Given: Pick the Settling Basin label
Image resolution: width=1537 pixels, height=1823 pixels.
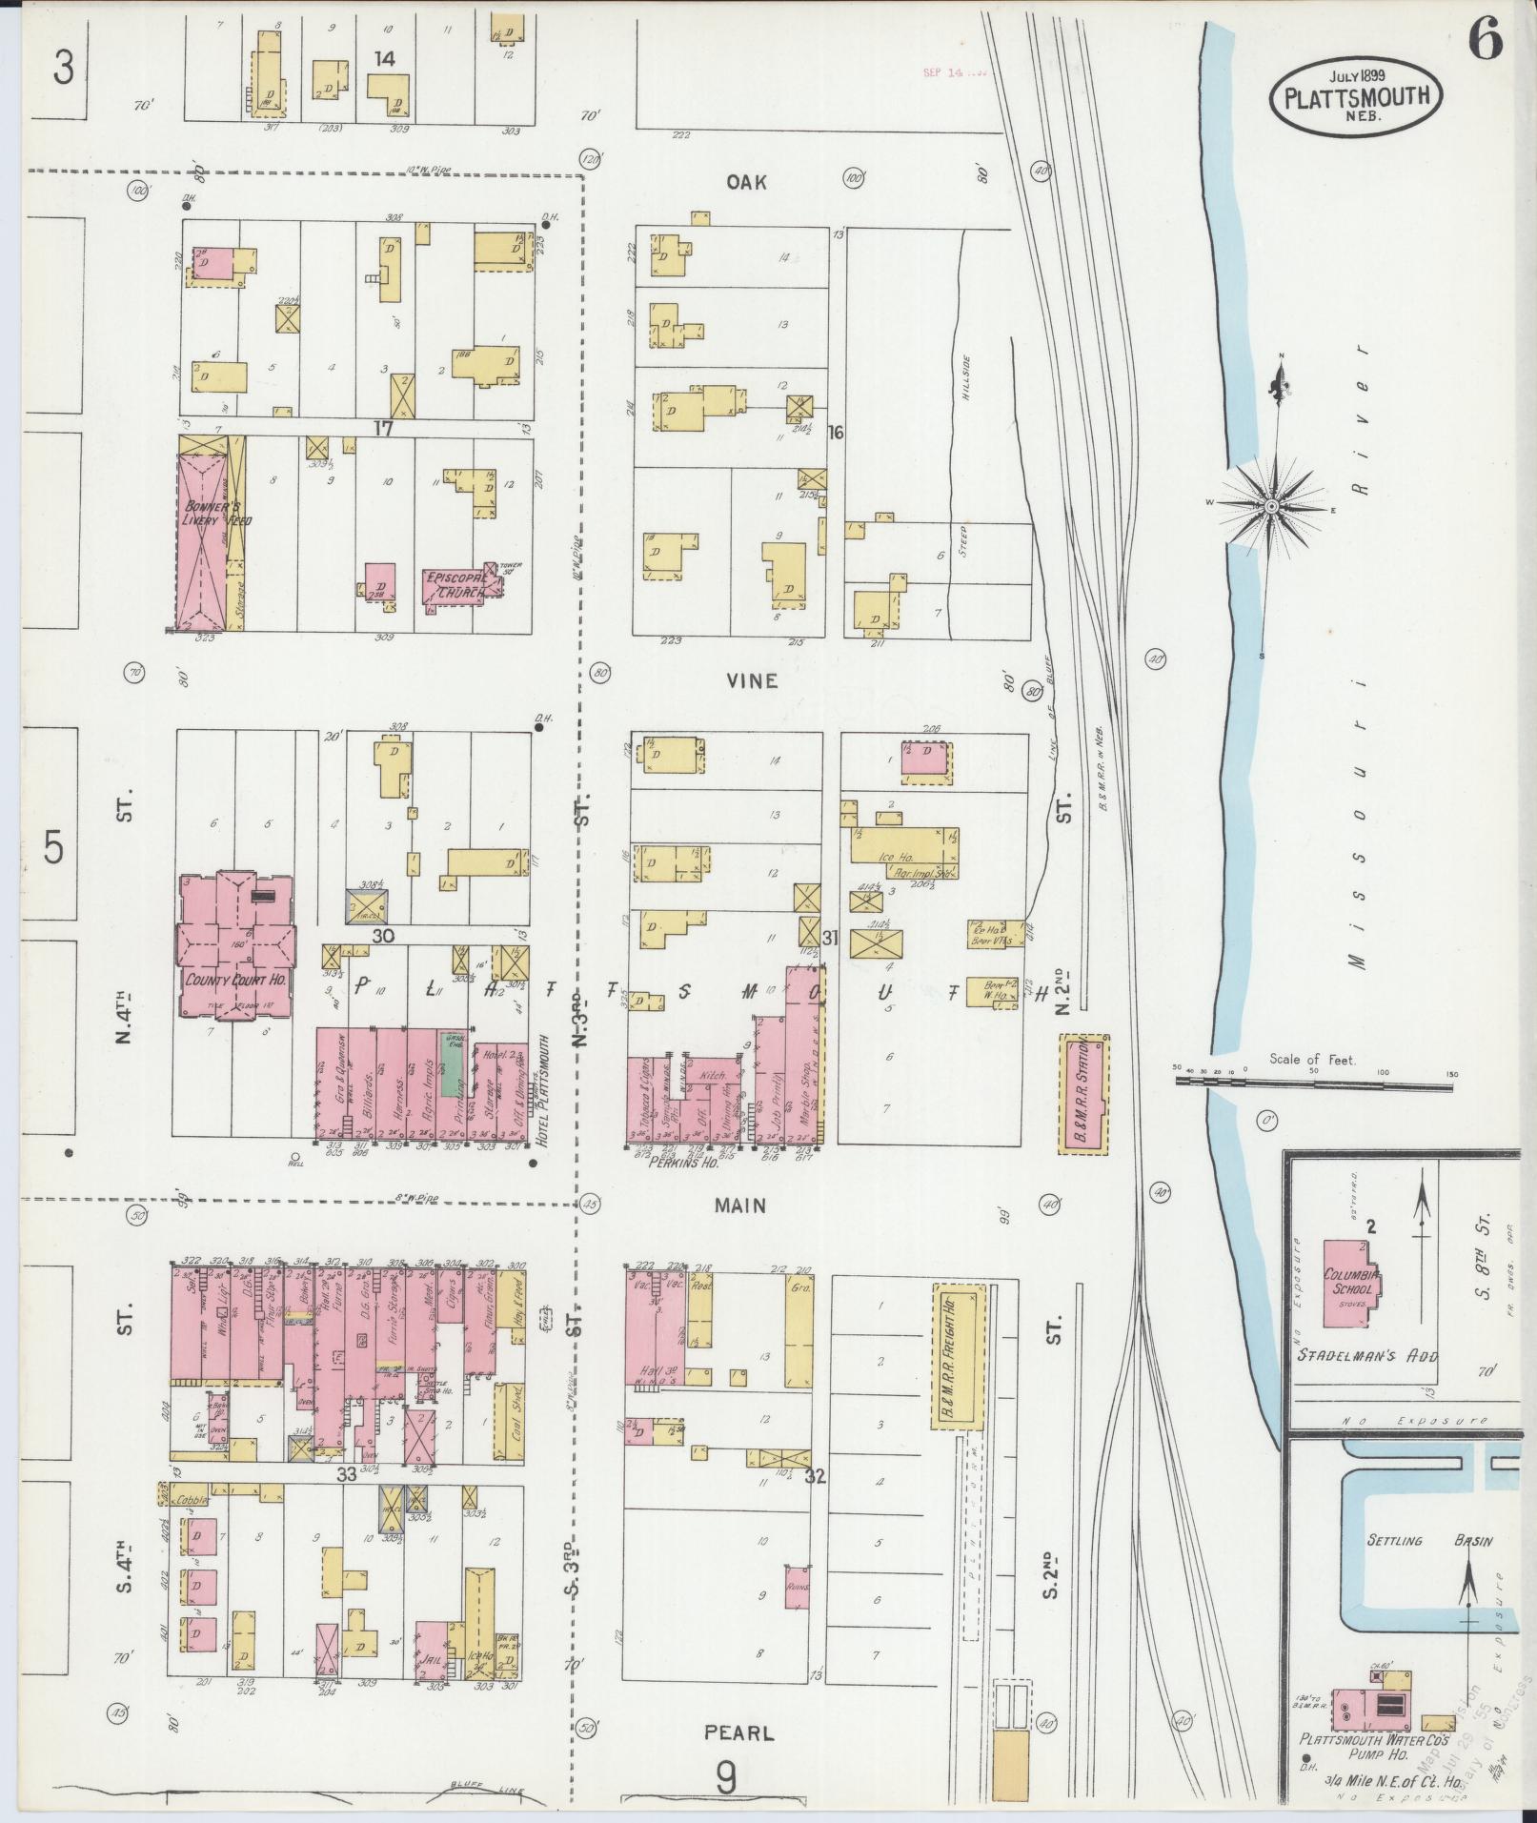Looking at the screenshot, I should (1429, 1541).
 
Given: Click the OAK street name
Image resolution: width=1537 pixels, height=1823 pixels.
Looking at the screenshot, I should (746, 182).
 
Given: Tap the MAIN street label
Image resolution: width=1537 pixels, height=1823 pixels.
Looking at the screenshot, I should (741, 1206).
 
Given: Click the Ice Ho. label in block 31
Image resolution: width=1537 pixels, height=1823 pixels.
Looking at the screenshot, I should (895, 857).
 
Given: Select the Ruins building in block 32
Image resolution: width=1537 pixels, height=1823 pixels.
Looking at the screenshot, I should (797, 1587).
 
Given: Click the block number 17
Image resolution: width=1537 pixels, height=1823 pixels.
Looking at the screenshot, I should (383, 430).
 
